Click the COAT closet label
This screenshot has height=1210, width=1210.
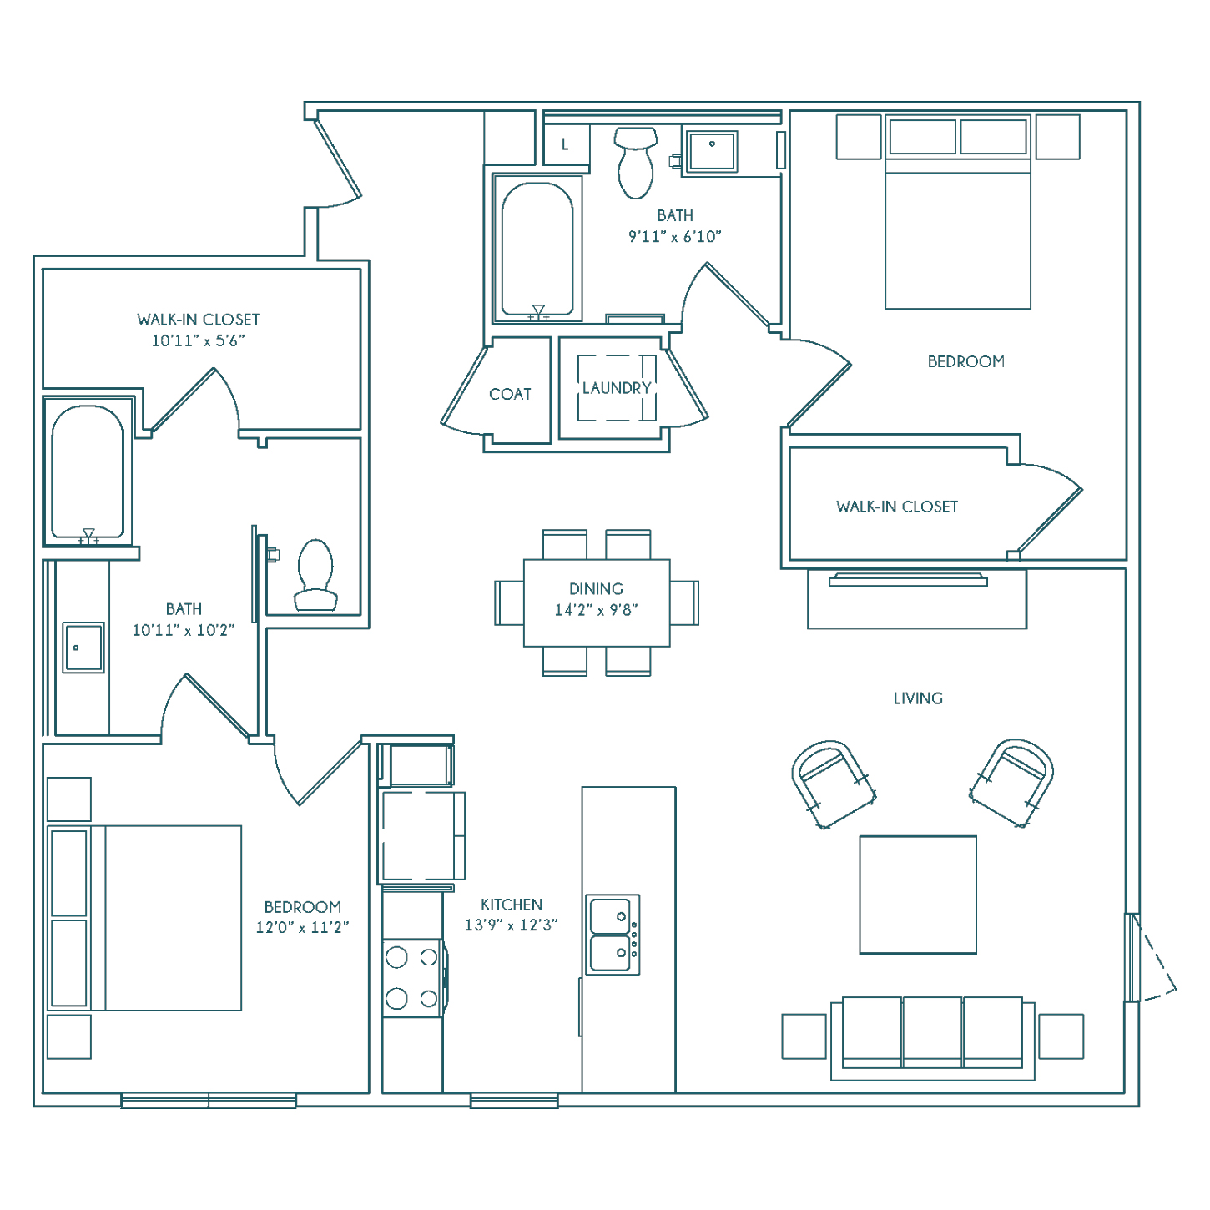click(510, 395)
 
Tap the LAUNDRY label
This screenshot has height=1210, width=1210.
click(617, 388)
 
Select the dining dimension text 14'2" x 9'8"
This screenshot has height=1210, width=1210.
click(596, 610)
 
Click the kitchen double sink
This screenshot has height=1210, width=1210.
click(613, 935)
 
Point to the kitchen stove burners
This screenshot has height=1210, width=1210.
click(412, 978)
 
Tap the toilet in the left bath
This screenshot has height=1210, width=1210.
click(315, 575)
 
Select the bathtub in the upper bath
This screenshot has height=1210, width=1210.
click(537, 249)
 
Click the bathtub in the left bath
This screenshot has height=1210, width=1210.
click(88, 472)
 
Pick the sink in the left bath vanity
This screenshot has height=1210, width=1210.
click(83, 648)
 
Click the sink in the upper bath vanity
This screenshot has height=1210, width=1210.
click(712, 151)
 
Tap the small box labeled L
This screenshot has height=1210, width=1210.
click(567, 144)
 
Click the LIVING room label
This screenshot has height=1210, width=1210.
click(918, 698)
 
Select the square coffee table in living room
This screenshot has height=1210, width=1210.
click(918, 895)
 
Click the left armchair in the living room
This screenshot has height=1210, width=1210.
click(833, 784)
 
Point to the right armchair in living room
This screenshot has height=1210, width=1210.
click(1012, 783)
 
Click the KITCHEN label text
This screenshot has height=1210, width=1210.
click(512, 905)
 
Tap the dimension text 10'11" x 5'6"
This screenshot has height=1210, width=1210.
click(198, 341)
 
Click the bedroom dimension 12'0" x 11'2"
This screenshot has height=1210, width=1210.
click(302, 927)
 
